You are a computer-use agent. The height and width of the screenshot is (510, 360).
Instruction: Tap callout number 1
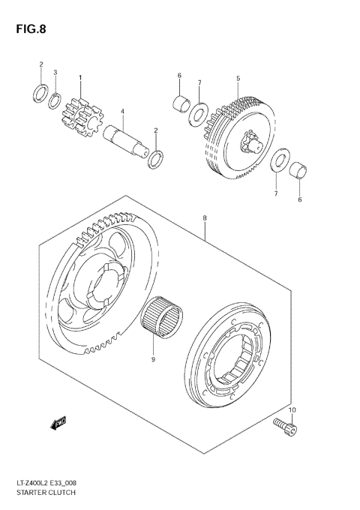click(x=80, y=78)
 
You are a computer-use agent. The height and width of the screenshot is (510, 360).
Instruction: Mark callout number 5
click(x=237, y=78)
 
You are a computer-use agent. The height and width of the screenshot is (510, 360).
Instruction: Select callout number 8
click(x=204, y=219)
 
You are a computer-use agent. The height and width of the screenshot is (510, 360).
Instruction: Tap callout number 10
click(x=293, y=410)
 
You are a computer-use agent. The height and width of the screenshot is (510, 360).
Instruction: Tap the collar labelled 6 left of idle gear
click(x=180, y=102)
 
